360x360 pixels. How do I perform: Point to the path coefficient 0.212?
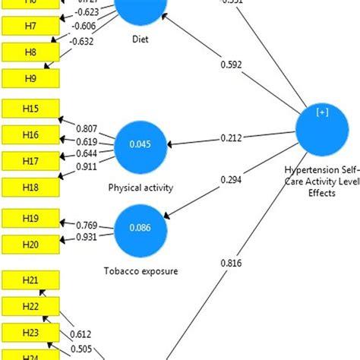click(232, 137)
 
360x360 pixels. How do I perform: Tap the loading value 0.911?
click(89, 166)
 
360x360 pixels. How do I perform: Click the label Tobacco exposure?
click(139, 270)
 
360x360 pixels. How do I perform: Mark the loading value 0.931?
click(89, 238)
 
